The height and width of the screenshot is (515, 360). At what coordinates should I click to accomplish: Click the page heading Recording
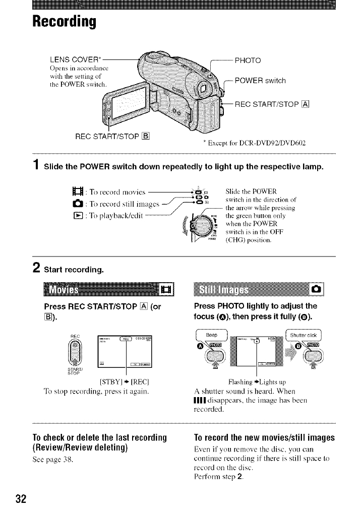(x=64, y=22)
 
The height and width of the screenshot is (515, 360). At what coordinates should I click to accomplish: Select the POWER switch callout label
(x=260, y=81)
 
